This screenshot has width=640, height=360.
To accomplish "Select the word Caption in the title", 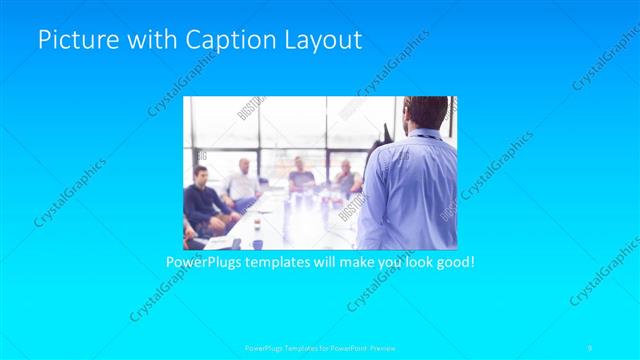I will [215, 40].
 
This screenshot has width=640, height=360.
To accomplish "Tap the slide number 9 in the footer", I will [590, 347].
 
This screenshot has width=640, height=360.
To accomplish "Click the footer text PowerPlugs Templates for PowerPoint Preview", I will [320, 347].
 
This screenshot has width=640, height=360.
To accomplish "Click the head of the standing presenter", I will [422, 114].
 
